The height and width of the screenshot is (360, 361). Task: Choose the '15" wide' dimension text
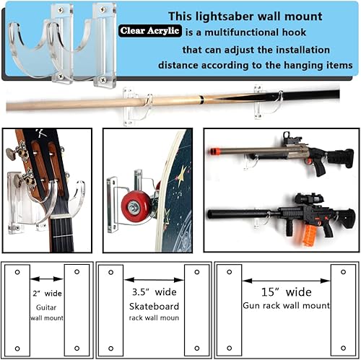(x=286, y=292)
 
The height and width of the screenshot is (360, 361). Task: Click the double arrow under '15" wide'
(x=286, y=280)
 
